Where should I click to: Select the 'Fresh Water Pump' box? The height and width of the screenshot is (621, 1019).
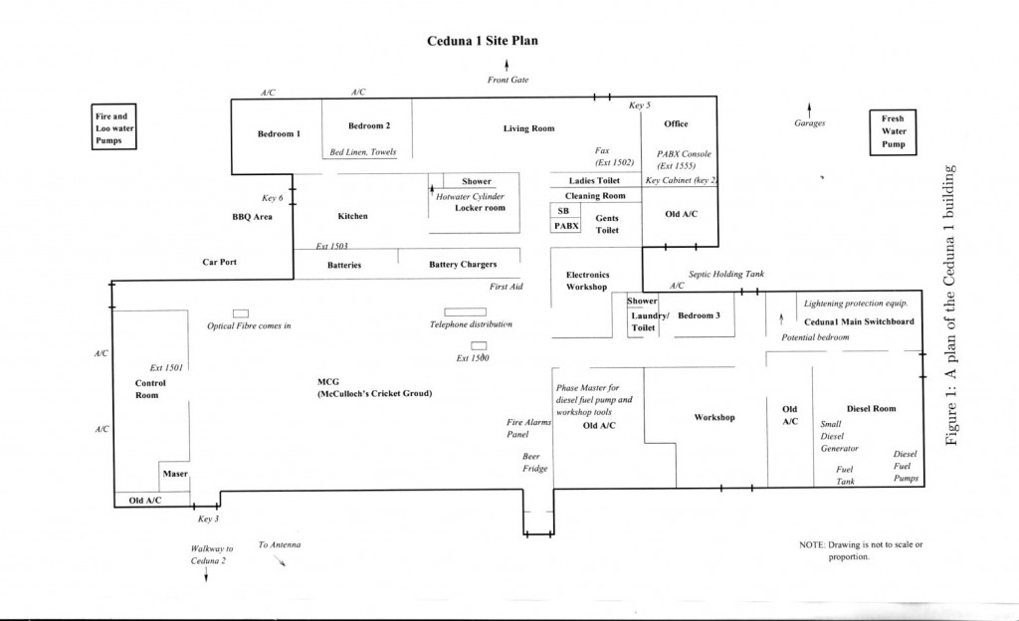(x=893, y=131)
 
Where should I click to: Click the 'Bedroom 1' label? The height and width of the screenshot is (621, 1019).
(x=279, y=134)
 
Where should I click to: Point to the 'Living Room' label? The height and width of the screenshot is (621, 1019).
(x=529, y=128)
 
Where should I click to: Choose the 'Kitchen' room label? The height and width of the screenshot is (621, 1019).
(x=352, y=216)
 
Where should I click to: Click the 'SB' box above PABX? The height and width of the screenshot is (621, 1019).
(x=563, y=212)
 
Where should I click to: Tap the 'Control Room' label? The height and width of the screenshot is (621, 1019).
(x=150, y=388)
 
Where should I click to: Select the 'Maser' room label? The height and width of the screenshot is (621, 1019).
(x=175, y=474)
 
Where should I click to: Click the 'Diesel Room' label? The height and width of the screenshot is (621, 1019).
(x=871, y=408)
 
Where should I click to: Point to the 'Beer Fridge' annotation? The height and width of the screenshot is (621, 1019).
(x=535, y=462)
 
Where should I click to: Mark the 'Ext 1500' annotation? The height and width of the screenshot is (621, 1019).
(x=476, y=358)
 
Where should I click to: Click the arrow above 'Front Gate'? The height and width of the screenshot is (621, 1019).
(x=508, y=66)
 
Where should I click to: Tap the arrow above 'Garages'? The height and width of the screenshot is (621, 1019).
(x=809, y=108)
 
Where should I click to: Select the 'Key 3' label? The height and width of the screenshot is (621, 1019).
(x=209, y=518)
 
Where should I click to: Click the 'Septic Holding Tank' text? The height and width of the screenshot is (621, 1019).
(x=726, y=274)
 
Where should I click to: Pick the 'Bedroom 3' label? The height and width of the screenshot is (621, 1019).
(x=699, y=315)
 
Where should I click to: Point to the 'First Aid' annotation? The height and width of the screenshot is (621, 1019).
(x=507, y=287)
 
